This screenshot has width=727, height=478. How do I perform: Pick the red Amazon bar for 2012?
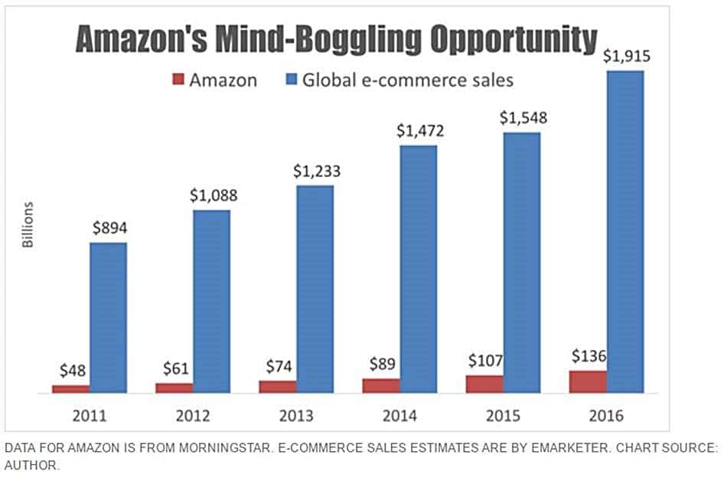pyautogui.click(x=174, y=388)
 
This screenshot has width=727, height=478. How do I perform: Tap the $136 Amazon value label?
pyautogui.click(x=589, y=356)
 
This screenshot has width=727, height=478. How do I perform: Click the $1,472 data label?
pyautogui.click(x=419, y=131)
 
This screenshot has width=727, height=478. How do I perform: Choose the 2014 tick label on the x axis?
pyautogui.click(x=399, y=417)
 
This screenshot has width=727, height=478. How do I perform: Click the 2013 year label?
pyautogui.click(x=296, y=417)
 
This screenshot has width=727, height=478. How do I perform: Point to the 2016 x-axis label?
pyautogui.click(x=607, y=417)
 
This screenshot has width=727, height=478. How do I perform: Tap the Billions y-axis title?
pyautogui.click(x=28, y=224)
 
